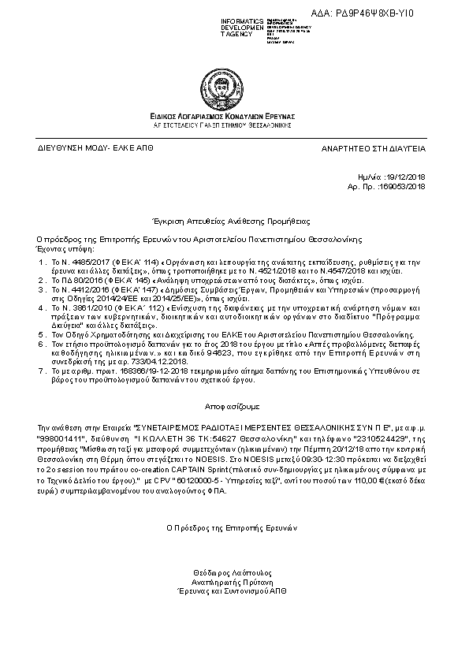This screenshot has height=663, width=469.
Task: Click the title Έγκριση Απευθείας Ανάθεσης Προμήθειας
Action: click(233, 222)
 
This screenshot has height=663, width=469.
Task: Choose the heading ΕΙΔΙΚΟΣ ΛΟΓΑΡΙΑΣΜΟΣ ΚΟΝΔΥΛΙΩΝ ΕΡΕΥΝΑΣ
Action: click(233, 116)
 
